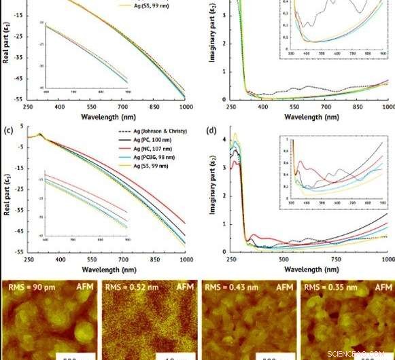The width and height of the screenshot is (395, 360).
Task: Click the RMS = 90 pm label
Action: (x=29, y=287)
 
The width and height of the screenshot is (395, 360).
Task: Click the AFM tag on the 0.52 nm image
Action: (x=184, y=287)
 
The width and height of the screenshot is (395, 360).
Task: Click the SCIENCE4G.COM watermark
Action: (x=358, y=353)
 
